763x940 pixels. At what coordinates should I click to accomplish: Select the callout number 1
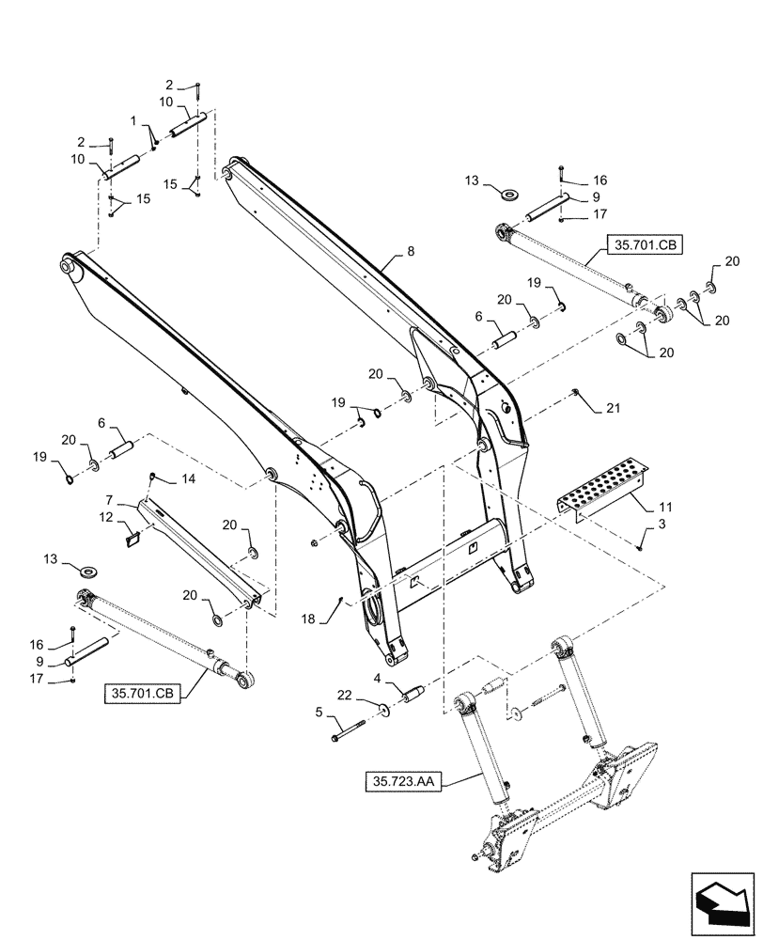pyautogui.click(x=133, y=121)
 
